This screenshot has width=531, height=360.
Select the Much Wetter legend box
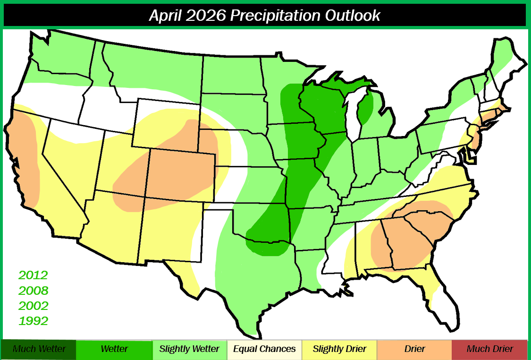coord(39,349)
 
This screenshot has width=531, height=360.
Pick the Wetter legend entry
coord(114,349)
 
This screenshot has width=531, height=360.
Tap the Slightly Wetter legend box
coord(189,349)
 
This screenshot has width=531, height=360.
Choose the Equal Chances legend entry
coord(265,349)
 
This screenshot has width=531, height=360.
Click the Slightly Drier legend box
coord(340,349)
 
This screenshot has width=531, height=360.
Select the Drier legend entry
coord(414,349)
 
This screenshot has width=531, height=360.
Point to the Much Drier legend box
coord(489,349)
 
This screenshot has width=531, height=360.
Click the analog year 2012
coord(34,275)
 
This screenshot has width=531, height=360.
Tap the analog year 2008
coord(34,291)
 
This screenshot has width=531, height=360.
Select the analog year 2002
coord(34,306)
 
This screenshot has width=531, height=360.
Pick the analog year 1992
coord(34,321)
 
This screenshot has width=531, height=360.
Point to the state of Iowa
coord(295,142)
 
